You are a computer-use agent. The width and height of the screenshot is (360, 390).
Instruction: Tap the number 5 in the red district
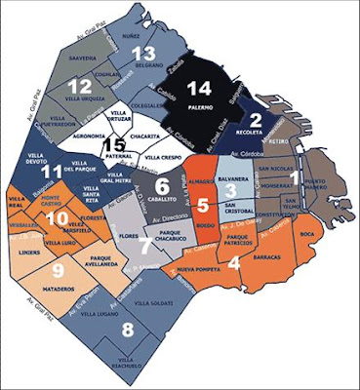[x=203, y=205]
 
